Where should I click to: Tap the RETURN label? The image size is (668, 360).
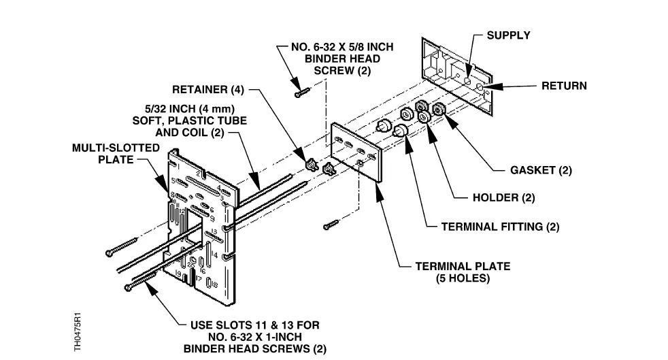click(x=563, y=86)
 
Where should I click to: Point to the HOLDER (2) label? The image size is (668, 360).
click(x=503, y=199)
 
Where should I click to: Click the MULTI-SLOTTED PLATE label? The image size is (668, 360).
click(x=116, y=153)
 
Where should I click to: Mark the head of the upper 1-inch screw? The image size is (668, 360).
click(x=109, y=253)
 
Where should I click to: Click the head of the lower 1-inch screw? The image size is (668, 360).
click(x=129, y=289)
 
